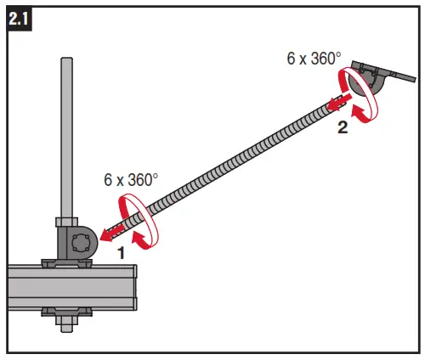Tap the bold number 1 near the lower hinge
tap(121, 253)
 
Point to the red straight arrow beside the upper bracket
tap(337, 104)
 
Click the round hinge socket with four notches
tap(83, 244)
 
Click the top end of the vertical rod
tap(66, 61)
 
